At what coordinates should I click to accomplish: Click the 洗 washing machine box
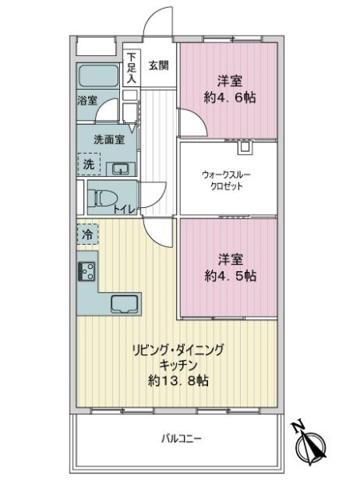[88, 164]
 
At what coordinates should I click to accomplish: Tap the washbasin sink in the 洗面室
[120, 167]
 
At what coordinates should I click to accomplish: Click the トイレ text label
[123, 210]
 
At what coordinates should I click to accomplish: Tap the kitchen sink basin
[125, 304]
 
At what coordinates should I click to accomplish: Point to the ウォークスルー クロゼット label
[228, 179]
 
